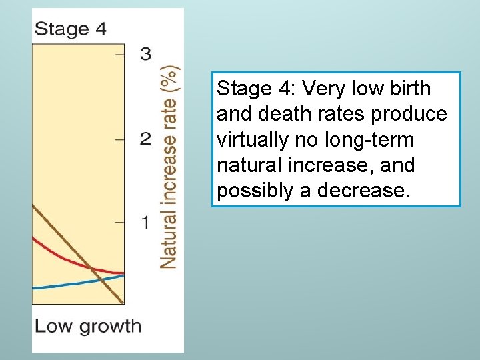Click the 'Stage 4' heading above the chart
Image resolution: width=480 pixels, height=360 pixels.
tap(70, 29)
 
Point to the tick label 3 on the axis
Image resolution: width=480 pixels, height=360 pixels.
tap(145, 54)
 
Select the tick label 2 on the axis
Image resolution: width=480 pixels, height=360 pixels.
tap(145, 139)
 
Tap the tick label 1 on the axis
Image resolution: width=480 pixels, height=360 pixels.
tap(145, 223)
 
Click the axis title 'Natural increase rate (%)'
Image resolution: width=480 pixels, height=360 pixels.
tap(169, 167)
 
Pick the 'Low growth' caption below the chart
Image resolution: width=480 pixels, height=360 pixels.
tap(88, 326)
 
